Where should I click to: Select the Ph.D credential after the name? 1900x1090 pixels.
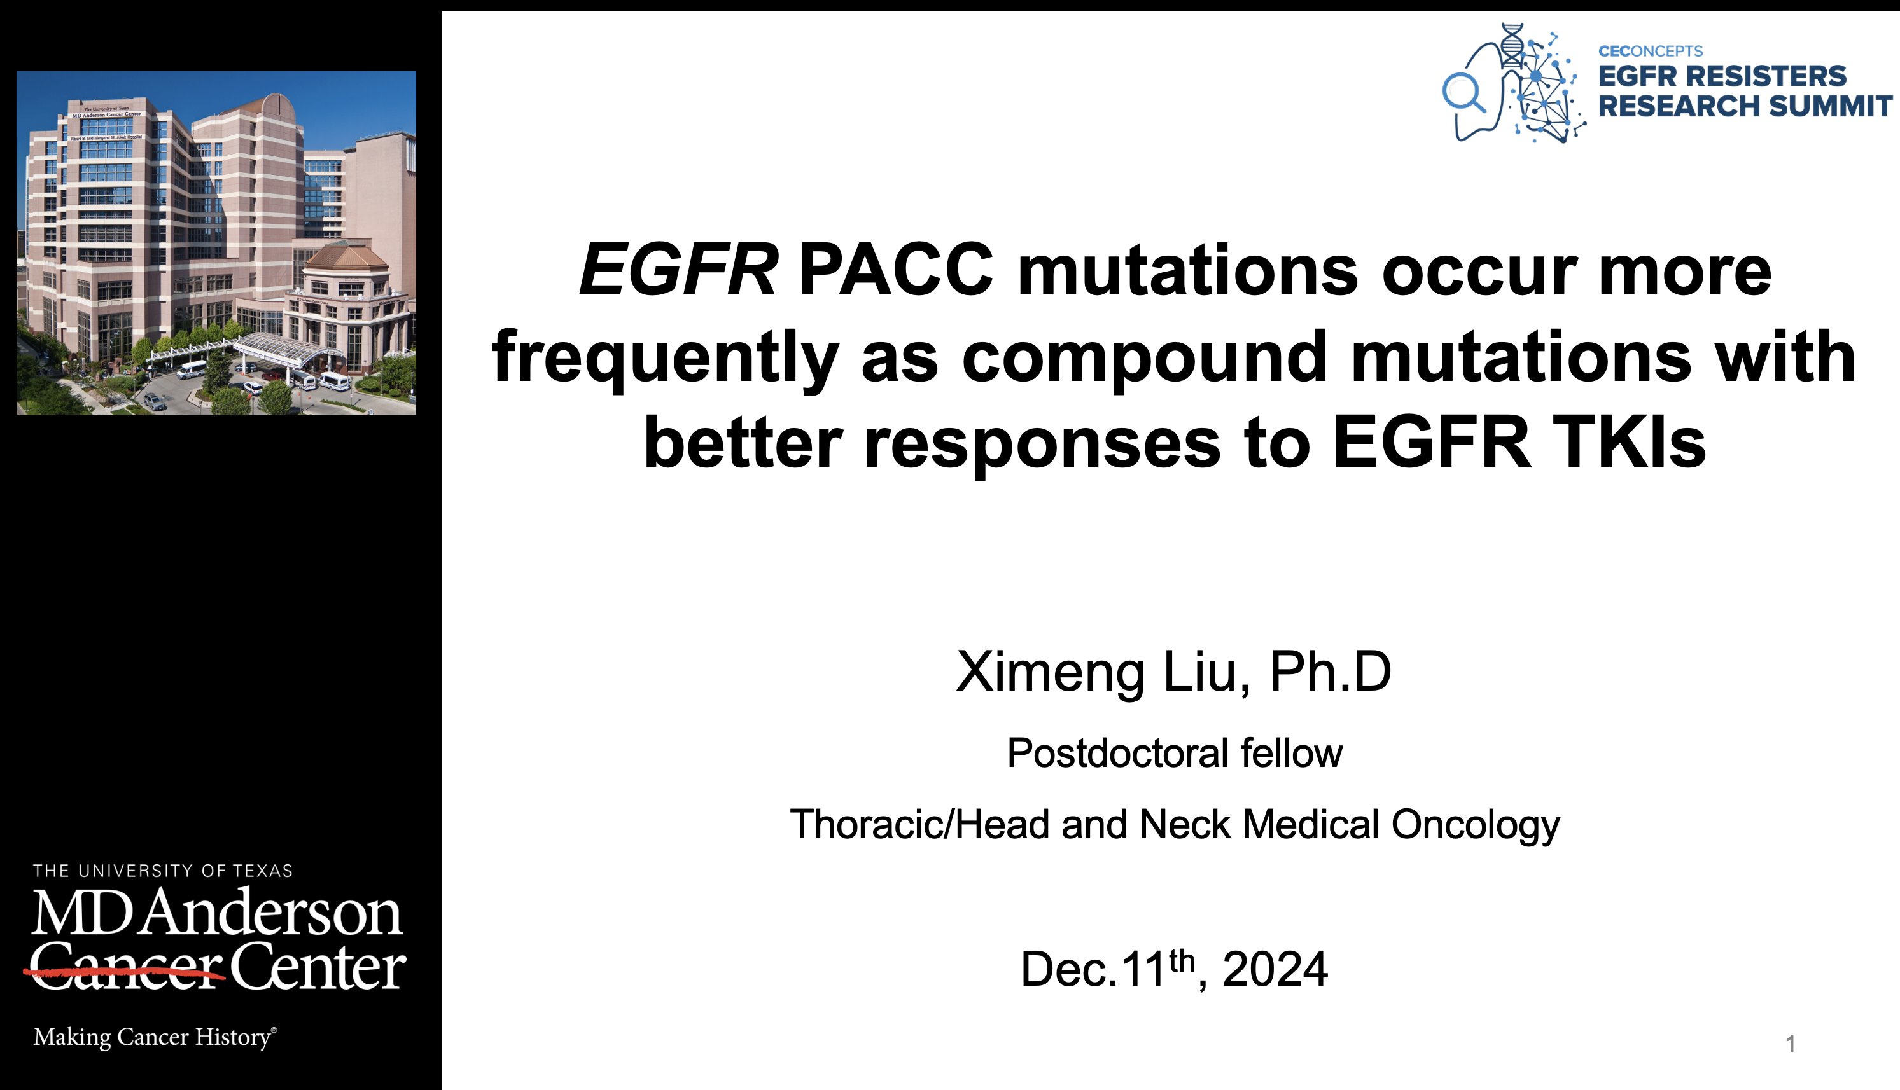[1330, 672]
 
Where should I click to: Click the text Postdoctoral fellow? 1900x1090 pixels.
[1175, 753]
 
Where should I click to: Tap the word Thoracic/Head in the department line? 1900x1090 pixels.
[919, 824]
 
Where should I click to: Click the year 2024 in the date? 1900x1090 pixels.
[1275, 969]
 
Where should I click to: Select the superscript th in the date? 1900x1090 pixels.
[1182, 959]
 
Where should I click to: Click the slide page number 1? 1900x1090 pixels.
[1790, 1044]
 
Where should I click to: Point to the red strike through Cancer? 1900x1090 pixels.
[124, 973]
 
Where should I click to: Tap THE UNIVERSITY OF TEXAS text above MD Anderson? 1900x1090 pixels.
[162, 871]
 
